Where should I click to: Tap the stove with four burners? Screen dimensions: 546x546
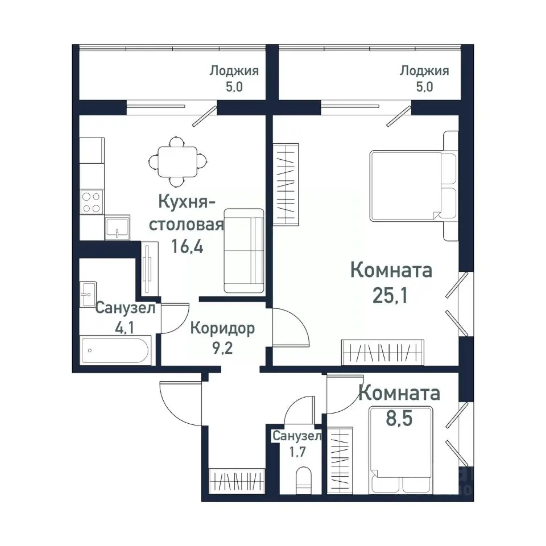(x=91, y=202)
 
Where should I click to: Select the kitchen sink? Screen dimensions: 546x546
(x=117, y=227)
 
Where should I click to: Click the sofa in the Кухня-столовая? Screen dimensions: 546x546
(x=244, y=250)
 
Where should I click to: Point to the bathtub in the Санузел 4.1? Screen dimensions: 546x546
(x=115, y=350)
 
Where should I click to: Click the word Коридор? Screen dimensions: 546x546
(x=222, y=328)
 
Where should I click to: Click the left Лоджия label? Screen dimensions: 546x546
(x=234, y=71)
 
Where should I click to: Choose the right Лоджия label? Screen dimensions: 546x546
(x=424, y=71)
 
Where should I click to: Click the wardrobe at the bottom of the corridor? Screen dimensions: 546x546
(x=237, y=481)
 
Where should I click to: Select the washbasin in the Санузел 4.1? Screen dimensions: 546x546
(x=88, y=295)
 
